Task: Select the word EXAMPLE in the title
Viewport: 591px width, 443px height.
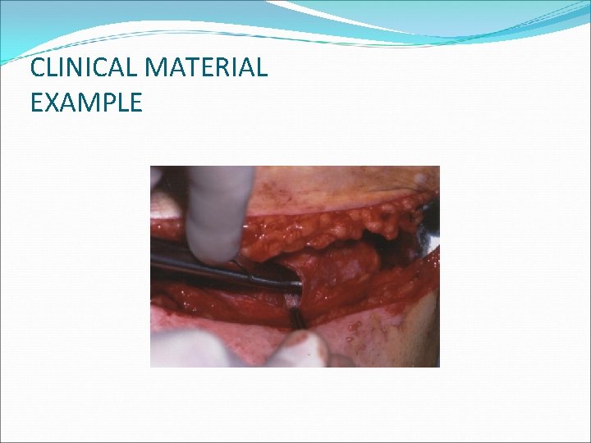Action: [x=86, y=103]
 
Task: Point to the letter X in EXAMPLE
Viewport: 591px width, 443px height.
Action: [x=51, y=103]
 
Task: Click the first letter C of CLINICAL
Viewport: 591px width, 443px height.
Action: [x=38, y=68]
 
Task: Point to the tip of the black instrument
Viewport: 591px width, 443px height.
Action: [x=295, y=283]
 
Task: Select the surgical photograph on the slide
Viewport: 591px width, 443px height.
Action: [x=295, y=267]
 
